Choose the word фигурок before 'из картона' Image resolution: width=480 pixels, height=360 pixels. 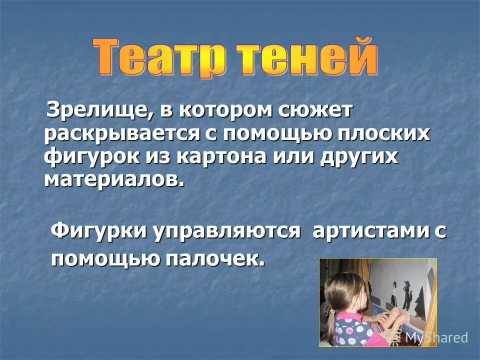click(x=92, y=157)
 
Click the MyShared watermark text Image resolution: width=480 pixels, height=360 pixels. click(x=435, y=337)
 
